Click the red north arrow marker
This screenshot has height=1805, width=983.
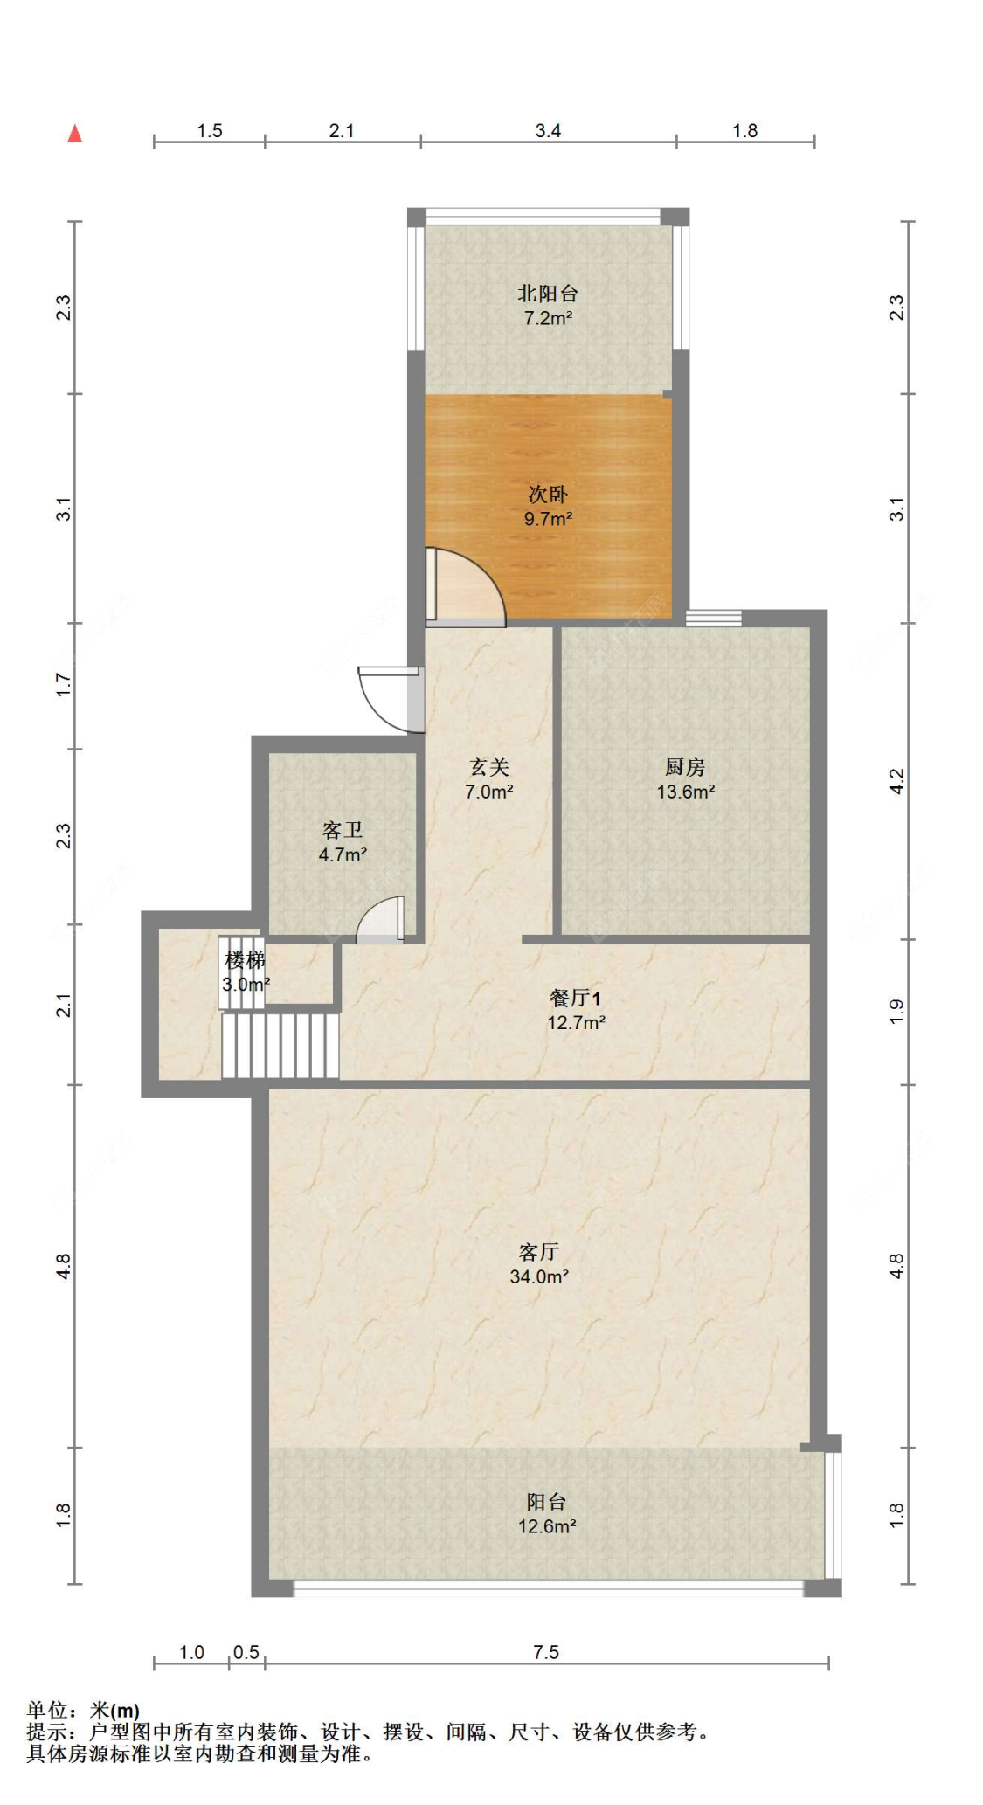click(75, 134)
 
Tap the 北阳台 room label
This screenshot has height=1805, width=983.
click(547, 294)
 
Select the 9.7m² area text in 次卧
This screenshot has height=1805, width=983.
click(548, 519)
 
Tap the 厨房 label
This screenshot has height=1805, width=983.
click(685, 767)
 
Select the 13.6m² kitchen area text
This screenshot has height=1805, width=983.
click(686, 792)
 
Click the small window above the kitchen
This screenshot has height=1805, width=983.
click(713, 618)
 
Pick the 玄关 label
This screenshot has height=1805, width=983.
click(488, 767)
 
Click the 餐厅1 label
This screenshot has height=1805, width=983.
click(575, 998)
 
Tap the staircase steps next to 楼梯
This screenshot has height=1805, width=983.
click(280, 1045)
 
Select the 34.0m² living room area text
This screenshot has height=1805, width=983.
click(539, 1276)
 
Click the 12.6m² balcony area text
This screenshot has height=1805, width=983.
click(546, 1526)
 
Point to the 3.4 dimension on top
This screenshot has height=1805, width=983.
click(548, 131)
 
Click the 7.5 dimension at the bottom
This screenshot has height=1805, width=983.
click(546, 1652)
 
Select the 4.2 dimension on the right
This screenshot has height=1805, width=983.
click(896, 781)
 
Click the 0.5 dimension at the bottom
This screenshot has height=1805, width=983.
click(246, 1652)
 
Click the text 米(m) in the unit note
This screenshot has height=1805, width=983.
click(114, 1711)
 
